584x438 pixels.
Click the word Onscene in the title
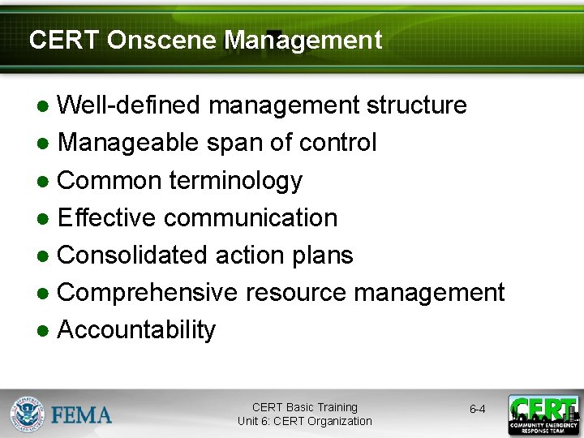tap(162, 40)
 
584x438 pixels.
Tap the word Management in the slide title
tap(303, 40)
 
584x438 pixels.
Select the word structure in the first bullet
tap(417, 105)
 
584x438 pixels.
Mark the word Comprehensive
tap(148, 292)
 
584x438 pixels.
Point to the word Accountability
tap(137, 330)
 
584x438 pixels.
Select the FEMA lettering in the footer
tap(82, 414)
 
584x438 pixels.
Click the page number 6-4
tap(478, 410)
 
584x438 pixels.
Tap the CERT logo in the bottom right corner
tap(543, 414)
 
